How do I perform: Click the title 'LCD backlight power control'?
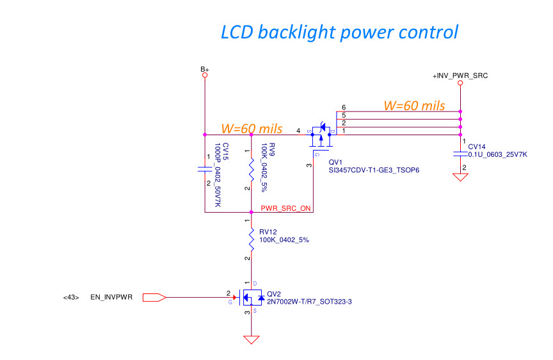pyautogui.click(x=339, y=31)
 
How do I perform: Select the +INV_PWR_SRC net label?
pyautogui.click(x=461, y=76)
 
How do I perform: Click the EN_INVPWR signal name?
pyautogui.click(x=111, y=297)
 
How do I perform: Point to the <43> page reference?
pyautogui.click(x=71, y=297)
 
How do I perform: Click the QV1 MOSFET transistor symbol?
pyautogui.click(x=322, y=135)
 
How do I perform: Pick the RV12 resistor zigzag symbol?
pyautogui.click(x=251, y=238)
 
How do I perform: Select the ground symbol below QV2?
pyautogui.click(x=251, y=339)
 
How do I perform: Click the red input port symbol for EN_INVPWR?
pyautogui.click(x=154, y=297)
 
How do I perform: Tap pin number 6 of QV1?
pyautogui.click(x=344, y=107)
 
